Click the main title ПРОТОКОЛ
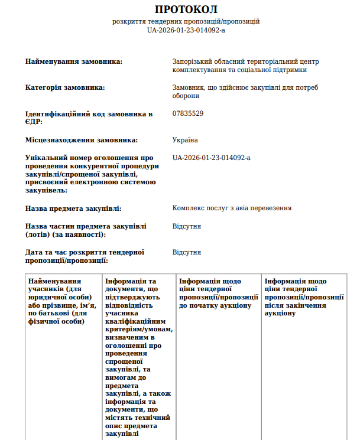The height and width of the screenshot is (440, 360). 186,9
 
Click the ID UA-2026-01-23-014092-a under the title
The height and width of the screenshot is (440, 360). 186,30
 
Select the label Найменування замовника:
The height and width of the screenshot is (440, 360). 74,61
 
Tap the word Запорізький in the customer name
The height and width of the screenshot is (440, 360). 192,61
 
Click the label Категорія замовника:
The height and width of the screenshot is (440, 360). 65,87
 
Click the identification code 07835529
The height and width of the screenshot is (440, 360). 188,113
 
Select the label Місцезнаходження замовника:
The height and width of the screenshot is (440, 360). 82,140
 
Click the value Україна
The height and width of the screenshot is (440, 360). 185,140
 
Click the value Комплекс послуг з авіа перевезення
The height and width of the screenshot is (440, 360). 232,208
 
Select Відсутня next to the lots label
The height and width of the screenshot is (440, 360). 187,226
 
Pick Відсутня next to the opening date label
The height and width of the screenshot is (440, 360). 187,252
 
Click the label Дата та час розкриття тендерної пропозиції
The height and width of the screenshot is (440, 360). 85,256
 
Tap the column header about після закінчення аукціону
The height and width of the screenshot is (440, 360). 304,298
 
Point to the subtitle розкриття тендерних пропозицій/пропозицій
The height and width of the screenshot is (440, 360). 186,21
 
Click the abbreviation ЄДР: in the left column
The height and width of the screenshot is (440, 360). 34,122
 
